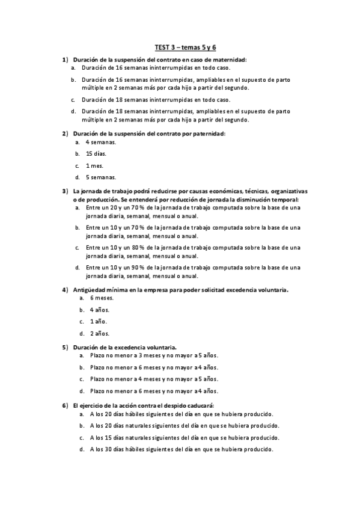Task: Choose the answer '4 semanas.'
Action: pyautogui.click(x=100, y=144)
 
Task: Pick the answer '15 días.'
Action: pyautogui.click(x=96, y=155)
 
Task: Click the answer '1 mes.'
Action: pyautogui.click(x=95, y=166)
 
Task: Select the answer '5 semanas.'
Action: pyautogui.click(x=100, y=177)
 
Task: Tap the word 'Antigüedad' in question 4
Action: pyautogui.click(x=92, y=290)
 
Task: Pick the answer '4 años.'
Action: pyautogui.click(x=98, y=310)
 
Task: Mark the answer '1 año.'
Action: pyautogui.click(x=97, y=322)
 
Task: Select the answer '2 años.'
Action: pyautogui.click(x=98, y=333)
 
